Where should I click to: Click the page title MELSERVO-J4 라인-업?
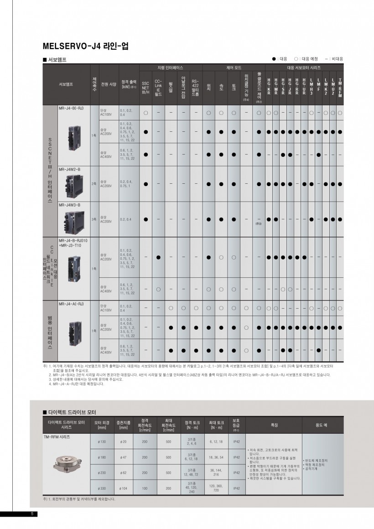pyautogui.click(x=85, y=46)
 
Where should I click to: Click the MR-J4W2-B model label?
pyautogui.click(x=69, y=169)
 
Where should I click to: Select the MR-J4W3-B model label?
pyautogui.click(x=69, y=205)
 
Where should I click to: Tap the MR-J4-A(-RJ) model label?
pyautogui.click(x=71, y=303)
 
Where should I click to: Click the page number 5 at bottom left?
pyautogui.click(x=32, y=514)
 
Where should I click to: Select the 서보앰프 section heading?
pyautogui.click(x=55, y=59)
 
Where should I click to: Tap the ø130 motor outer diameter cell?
pyautogui.click(x=102, y=441)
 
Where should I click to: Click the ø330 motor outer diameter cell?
pyautogui.click(x=102, y=488)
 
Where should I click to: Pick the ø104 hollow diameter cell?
pyautogui.click(x=123, y=488)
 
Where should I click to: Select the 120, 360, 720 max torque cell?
pyautogui.click(x=216, y=488)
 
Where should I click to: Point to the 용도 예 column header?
pyautogui.click(x=321, y=425)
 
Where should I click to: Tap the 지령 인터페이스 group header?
pyautogui.click(x=170, y=67)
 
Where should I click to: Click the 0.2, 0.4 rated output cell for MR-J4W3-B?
pyautogui.click(x=126, y=219)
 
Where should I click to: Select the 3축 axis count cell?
pyautogui.click(x=94, y=219)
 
